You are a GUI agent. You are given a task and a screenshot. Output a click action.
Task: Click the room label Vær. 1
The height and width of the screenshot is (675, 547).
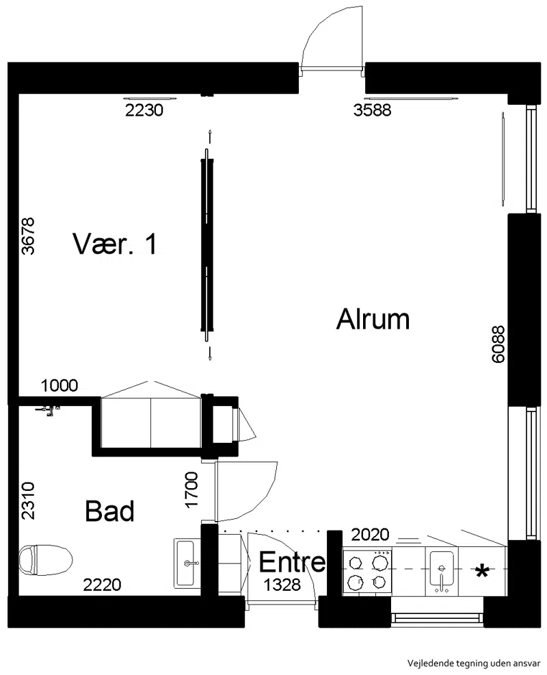click(x=115, y=244)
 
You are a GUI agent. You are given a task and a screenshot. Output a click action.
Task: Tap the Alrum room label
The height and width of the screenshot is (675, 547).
click(x=373, y=319)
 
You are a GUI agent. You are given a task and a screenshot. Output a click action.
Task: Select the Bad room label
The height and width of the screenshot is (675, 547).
click(x=109, y=511)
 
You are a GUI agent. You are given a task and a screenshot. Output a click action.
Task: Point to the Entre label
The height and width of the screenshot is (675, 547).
click(x=293, y=562)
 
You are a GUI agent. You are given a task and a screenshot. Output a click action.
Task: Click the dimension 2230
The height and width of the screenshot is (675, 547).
click(x=144, y=110)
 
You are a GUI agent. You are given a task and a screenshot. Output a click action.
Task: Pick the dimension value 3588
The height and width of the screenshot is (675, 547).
click(x=373, y=110)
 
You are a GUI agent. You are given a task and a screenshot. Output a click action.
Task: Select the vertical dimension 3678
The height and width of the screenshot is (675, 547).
click(x=29, y=236)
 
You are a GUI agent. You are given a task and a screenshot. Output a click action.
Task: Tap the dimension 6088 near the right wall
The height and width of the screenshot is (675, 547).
click(x=498, y=344)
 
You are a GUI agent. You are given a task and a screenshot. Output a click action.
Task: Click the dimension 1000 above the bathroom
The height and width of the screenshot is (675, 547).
click(x=59, y=385)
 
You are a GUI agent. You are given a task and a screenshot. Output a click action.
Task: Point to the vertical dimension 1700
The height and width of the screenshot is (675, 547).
click(x=191, y=490)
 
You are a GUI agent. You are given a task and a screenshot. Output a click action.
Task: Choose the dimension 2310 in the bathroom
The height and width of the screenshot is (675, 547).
click(x=29, y=500)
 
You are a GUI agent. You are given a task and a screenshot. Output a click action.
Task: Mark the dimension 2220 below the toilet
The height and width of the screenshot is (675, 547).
click(x=102, y=585)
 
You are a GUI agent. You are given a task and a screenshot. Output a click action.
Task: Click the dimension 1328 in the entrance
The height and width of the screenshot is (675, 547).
click(x=282, y=585)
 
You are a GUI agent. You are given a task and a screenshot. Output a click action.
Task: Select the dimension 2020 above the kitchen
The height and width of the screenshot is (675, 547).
click(x=371, y=535)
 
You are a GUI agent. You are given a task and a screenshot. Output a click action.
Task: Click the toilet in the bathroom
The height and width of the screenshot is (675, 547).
click(x=45, y=559)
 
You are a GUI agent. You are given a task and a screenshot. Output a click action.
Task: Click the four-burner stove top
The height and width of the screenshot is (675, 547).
click(x=366, y=571)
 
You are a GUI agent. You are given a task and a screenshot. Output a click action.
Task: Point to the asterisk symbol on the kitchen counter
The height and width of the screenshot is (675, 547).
click(x=482, y=571)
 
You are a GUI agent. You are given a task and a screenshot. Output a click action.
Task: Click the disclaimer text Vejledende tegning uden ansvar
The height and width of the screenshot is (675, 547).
click(x=474, y=663)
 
